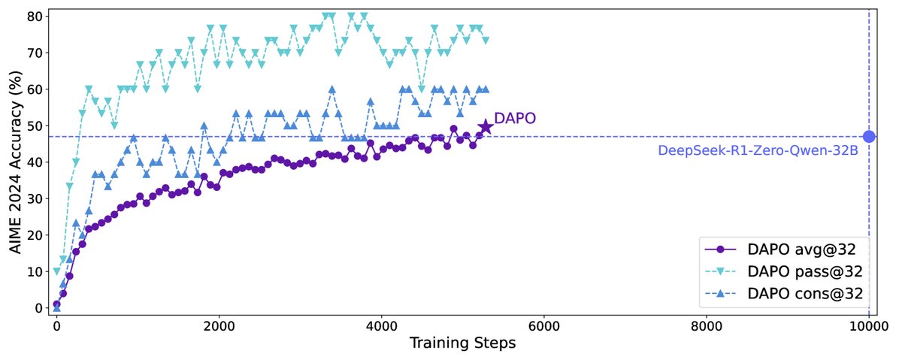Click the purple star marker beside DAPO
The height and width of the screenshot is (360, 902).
click(486, 127)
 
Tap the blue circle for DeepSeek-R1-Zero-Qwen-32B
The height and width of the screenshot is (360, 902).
click(869, 137)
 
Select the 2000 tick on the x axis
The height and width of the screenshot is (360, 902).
click(219, 328)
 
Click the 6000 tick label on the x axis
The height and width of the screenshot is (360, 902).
click(543, 328)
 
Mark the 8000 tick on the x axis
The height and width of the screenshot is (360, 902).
click(707, 328)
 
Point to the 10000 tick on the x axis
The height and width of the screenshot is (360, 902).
click(869, 328)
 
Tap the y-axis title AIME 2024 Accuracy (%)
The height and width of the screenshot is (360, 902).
click(15, 161)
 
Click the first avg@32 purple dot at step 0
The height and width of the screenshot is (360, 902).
click(56, 304)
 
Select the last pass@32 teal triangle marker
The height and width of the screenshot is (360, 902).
click(486, 40)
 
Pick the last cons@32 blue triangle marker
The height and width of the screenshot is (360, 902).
click(486, 89)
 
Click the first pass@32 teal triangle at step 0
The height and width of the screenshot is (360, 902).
click(56, 271)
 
